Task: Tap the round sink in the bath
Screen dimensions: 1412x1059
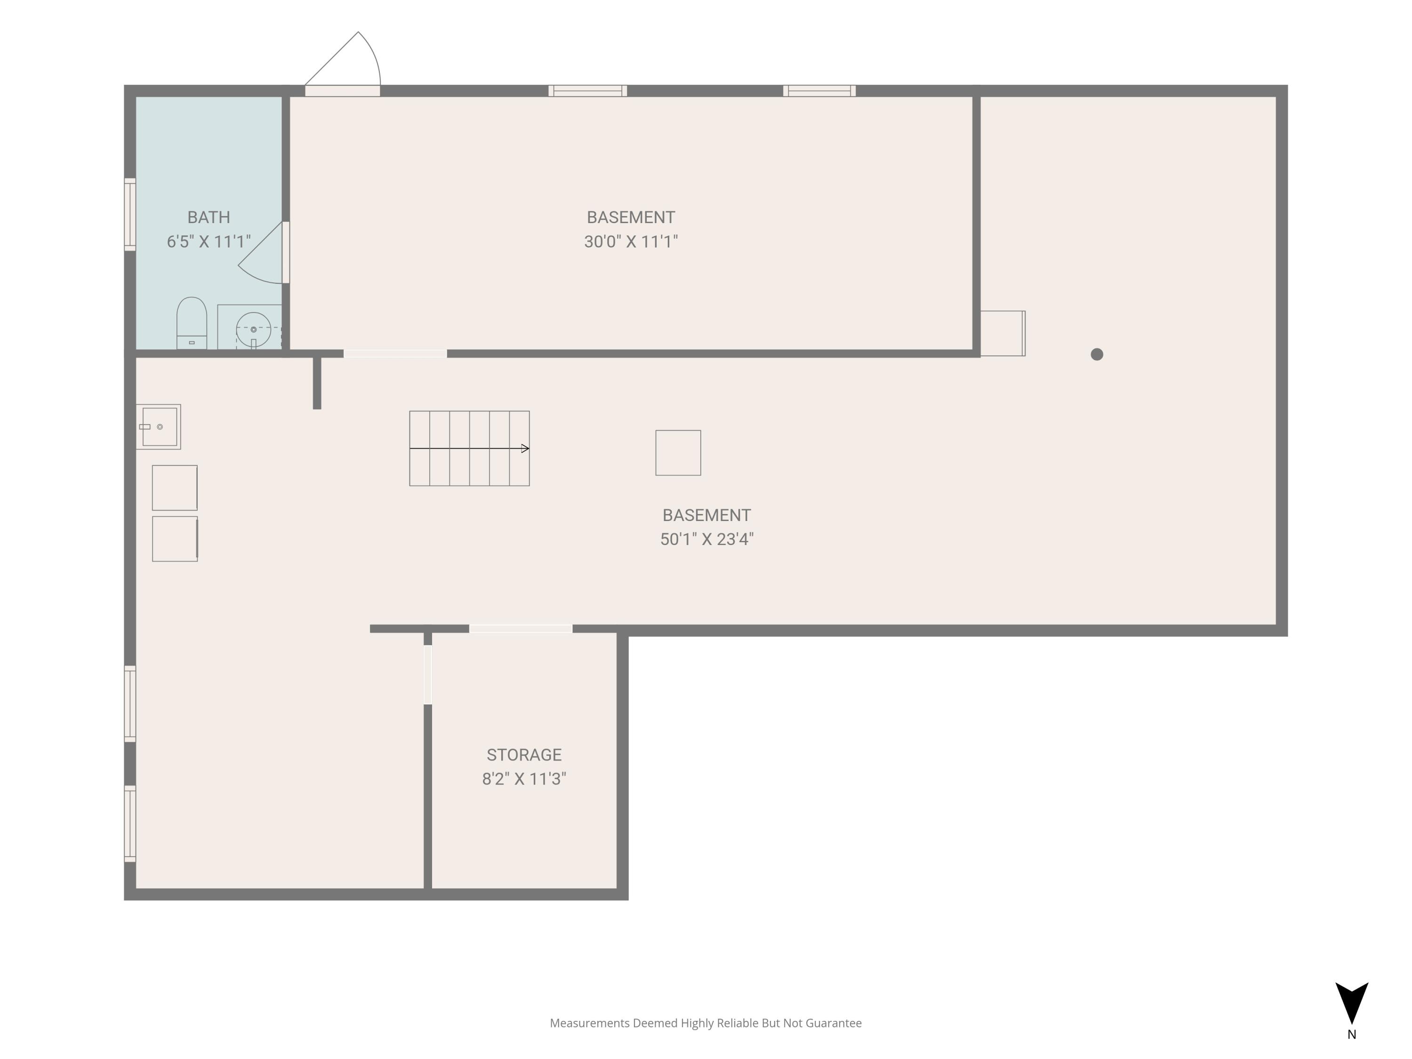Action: [x=253, y=329]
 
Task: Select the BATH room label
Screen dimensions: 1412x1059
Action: [x=209, y=217]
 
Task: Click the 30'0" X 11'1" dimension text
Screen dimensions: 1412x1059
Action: [x=631, y=242]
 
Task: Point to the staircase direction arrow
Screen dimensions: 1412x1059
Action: [x=469, y=449]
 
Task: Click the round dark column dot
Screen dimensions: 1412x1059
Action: [x=1097, y=354]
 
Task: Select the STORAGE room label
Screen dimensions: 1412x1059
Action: [x=524, y=755]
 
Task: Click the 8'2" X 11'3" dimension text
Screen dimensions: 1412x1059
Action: [x=524, y=779]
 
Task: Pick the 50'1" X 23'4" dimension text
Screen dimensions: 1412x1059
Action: [x=706, y=539]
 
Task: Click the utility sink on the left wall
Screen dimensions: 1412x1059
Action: [x=158, y=427]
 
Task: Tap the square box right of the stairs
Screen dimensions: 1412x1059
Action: [x=678, y=453]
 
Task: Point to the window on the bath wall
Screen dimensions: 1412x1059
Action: [x=129, y=215]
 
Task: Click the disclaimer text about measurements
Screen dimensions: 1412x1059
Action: [x=706, y=1023]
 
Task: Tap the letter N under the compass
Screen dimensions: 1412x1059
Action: [x=1351, y=1035]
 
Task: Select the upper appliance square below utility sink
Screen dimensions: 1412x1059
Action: [x=174, y=488]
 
